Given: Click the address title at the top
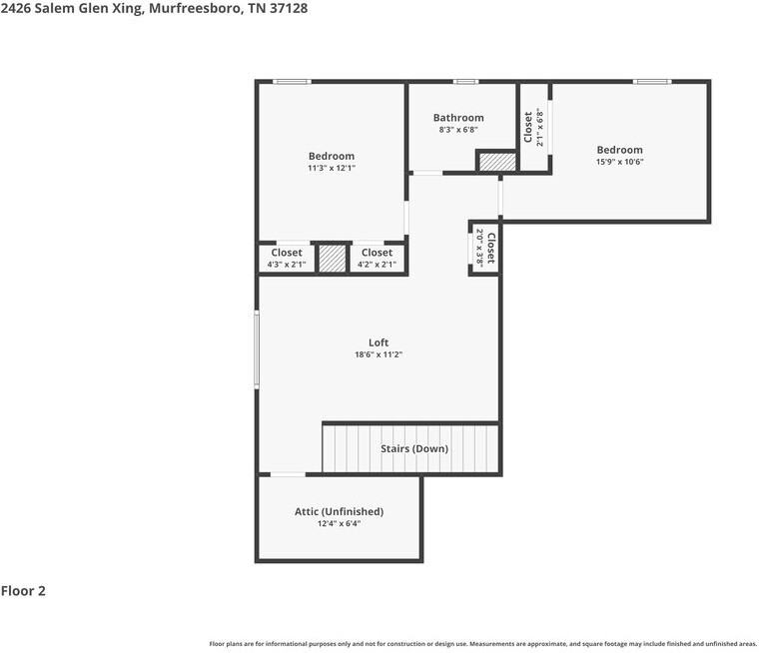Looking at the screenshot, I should click(154, 8).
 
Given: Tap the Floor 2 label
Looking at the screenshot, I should click(23, 591).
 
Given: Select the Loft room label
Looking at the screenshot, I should click(378, 342).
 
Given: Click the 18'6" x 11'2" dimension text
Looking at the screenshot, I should click(378, 354).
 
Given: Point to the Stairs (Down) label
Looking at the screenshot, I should click(414, 449).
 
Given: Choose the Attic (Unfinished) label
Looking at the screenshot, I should click(339, 511).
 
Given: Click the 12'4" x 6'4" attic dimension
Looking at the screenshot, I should click(339, 523).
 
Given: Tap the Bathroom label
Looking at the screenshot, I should click(458, 118).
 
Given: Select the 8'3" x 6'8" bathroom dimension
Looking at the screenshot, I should click(458, 130).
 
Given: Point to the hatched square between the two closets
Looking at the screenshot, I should click(332, 259).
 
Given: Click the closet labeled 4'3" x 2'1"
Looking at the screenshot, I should click(287, 259).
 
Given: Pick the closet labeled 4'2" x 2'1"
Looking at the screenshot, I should click(377, 259).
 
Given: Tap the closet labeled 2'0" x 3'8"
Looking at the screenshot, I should click(485, 248).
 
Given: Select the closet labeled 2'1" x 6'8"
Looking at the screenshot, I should click(533, 127).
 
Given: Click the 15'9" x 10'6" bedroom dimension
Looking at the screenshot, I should click(619, 162).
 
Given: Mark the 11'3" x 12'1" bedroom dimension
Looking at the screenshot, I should click(331, 168).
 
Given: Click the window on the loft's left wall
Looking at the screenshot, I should click(257, 348).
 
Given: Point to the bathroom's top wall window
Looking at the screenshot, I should click(465, 82).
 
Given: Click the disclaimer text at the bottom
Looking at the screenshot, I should click(482, 644).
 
